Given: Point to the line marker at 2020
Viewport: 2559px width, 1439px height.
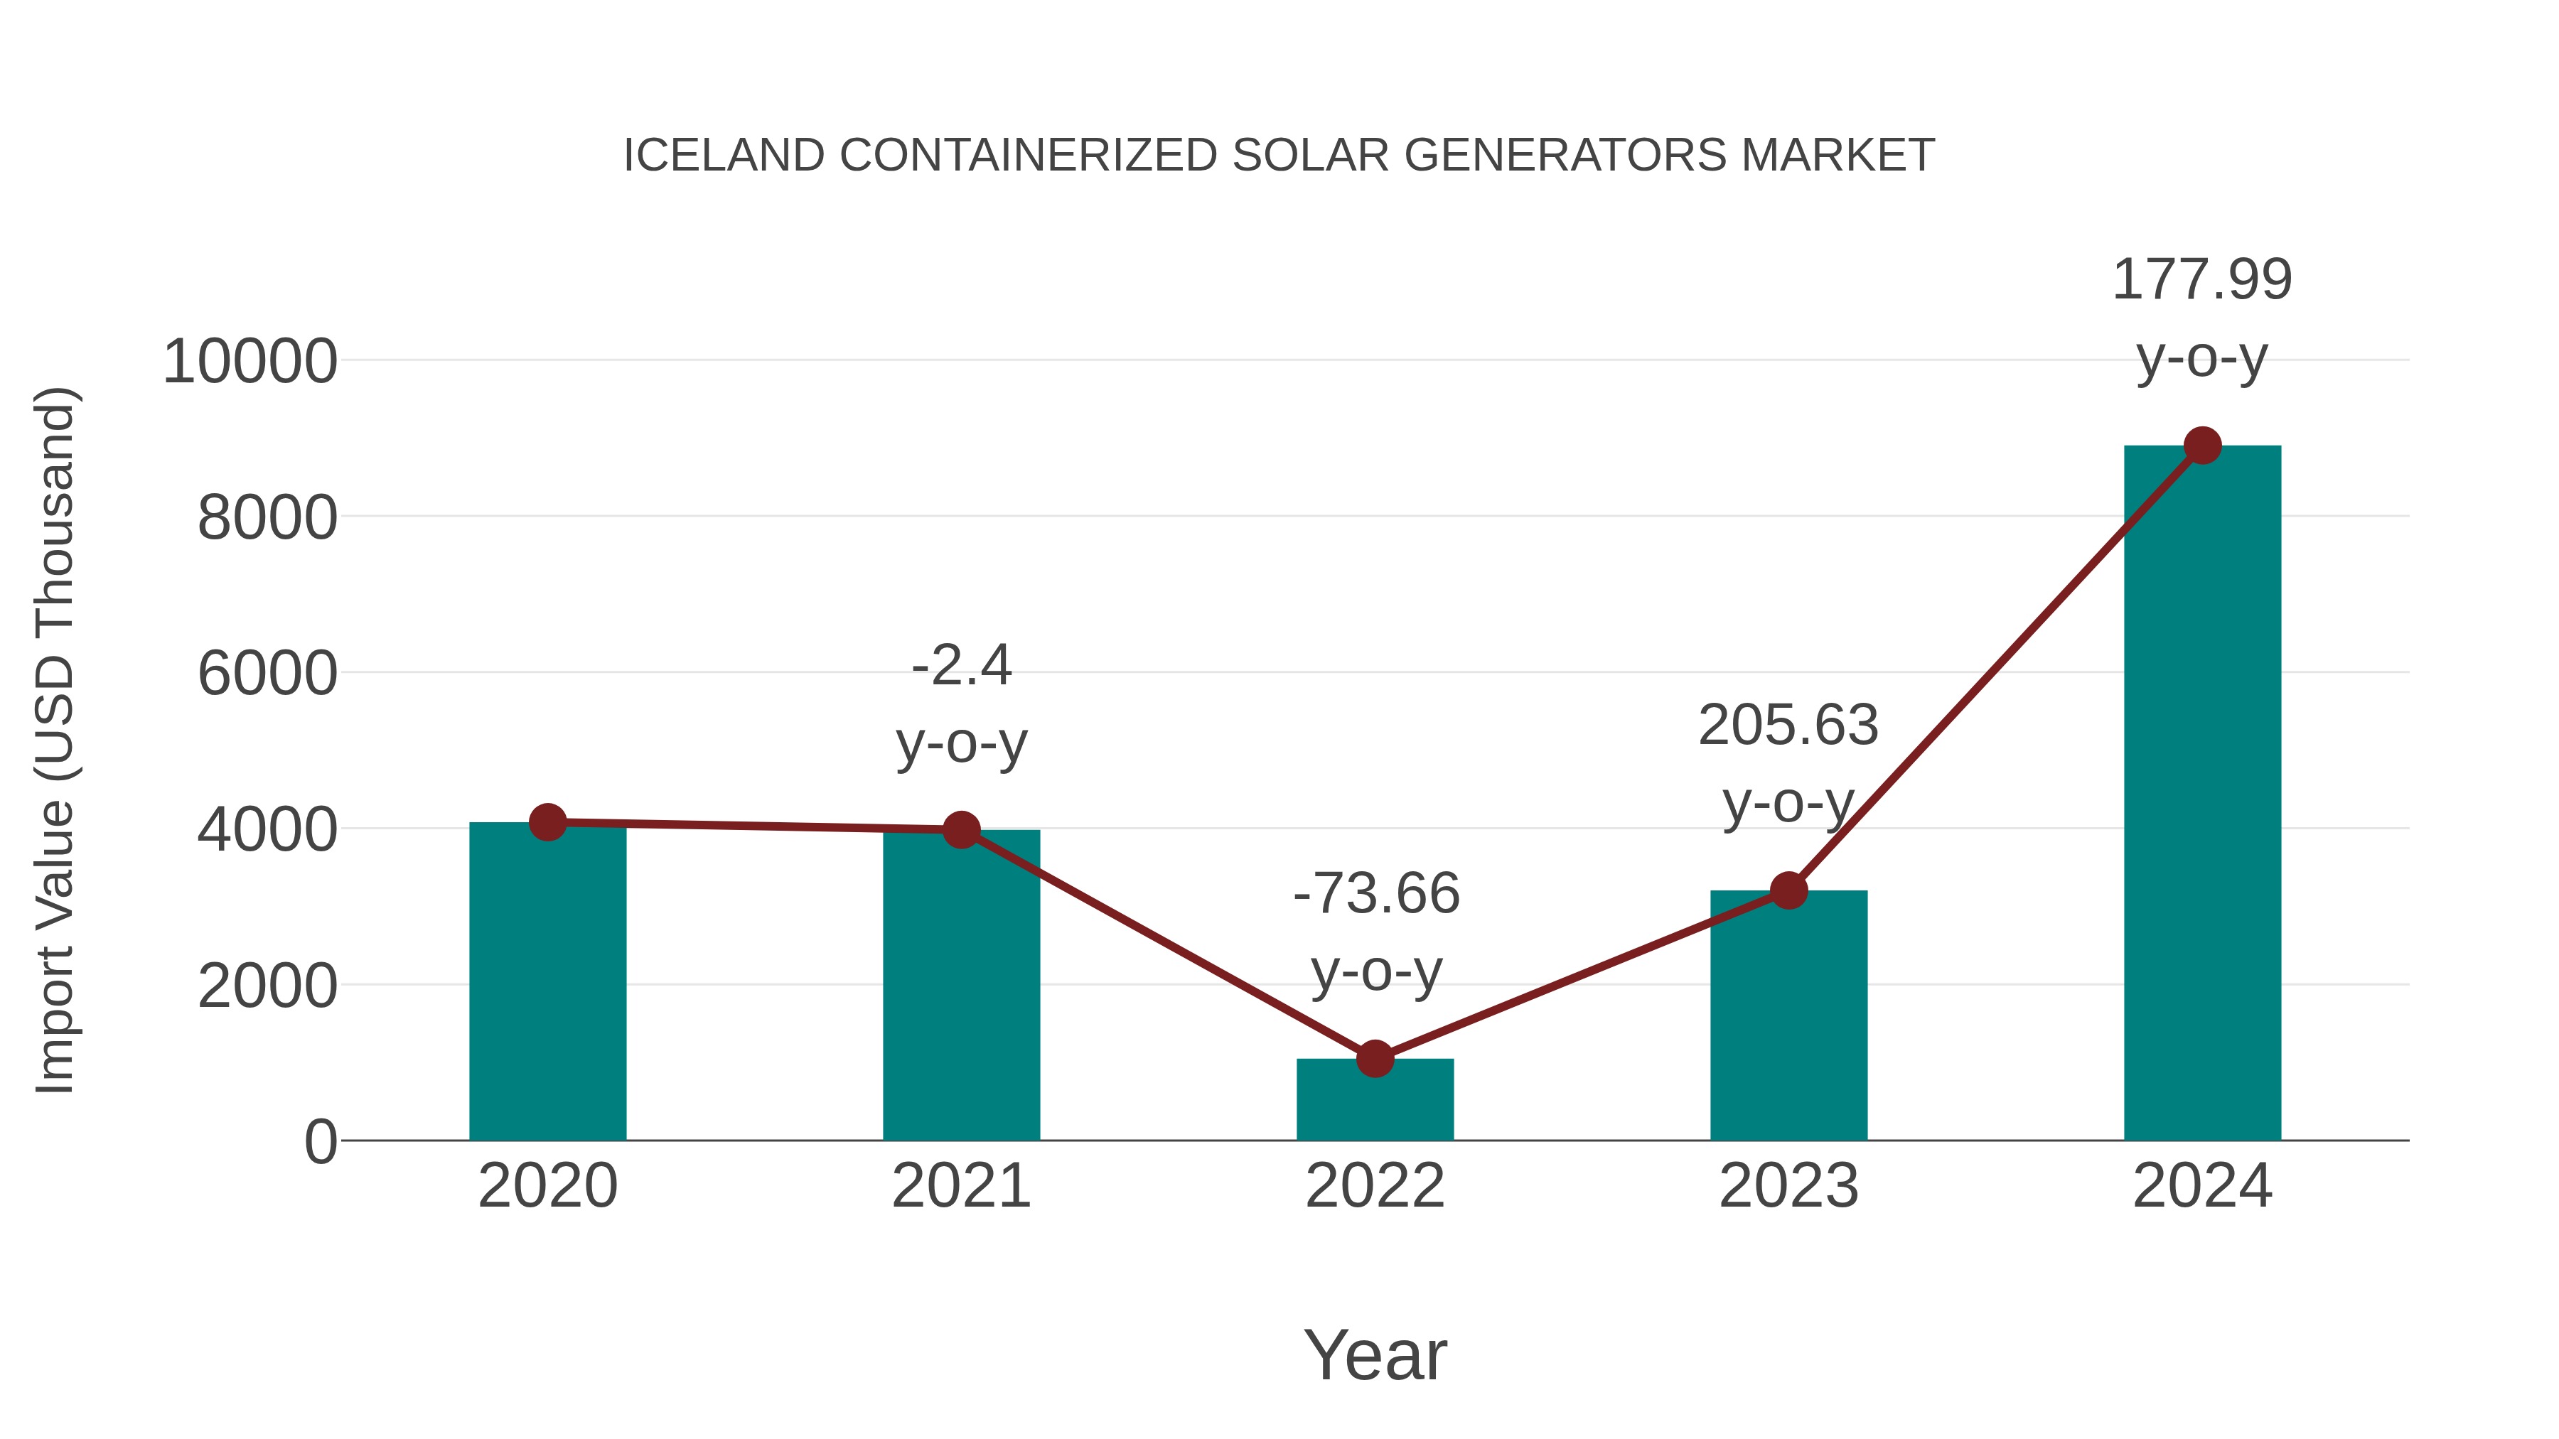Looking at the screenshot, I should point(547,822).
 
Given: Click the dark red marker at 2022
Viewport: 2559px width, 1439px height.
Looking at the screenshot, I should point(1375,1059).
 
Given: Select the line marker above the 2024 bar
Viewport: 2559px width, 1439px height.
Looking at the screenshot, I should point(2202,446).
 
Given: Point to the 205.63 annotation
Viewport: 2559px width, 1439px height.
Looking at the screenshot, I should point(1788,725).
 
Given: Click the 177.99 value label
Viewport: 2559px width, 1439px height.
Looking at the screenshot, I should point(2201,279).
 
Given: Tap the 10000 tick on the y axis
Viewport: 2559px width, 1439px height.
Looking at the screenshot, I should point(250,362).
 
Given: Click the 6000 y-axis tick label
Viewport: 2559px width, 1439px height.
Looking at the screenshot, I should point(267,674).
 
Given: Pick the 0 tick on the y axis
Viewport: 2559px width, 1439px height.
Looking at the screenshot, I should point(320,1142).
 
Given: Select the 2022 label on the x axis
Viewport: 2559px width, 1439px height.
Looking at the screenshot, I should point(1375,1186).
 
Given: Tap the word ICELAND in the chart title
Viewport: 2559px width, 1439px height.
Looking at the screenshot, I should point(723,156).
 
